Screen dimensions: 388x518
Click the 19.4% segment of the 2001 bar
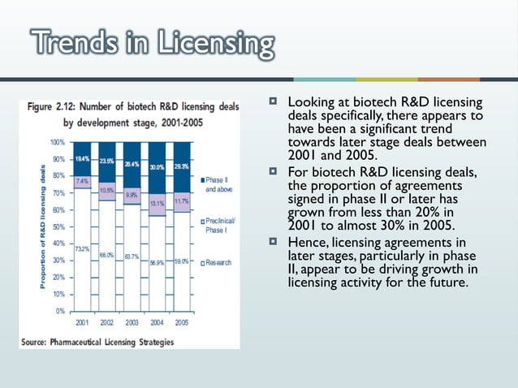click(82, 158)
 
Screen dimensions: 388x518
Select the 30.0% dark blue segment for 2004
click(158, 167)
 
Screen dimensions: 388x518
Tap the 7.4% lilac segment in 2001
click(82, 182)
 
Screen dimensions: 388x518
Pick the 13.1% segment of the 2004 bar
click(158, 204)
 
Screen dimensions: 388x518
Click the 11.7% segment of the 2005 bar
click(182, 201)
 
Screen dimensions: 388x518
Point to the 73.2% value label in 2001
click(82, 248)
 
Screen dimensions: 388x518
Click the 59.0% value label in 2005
click(183, 261)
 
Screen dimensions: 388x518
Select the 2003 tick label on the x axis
click(132, 322)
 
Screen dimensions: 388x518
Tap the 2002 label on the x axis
click(107, 322)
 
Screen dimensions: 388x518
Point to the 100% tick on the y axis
click(58, 142)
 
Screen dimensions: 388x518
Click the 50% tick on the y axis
click(59, 226)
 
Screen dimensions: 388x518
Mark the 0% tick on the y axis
click(61, 311)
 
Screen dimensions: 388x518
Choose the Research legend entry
click(217, 262)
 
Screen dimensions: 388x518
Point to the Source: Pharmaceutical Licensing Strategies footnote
click(97, 342)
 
